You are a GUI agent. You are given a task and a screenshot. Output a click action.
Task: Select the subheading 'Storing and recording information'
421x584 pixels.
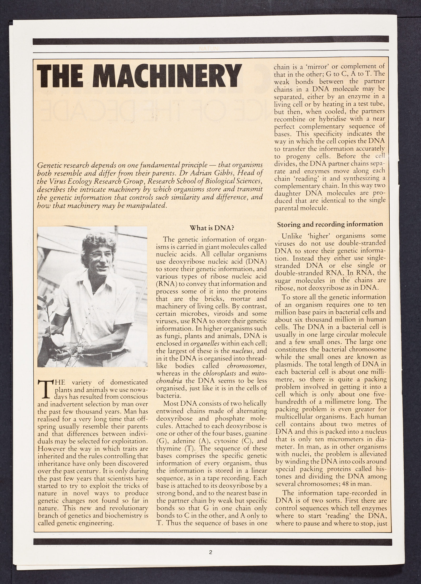330,224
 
